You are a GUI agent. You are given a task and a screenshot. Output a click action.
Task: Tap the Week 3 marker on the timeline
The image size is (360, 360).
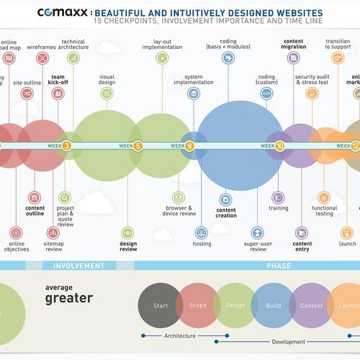point(66,145)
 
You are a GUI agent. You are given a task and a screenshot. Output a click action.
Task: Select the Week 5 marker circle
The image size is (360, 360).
point(138,145)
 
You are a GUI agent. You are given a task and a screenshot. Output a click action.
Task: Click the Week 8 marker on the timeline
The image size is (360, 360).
point(189,145)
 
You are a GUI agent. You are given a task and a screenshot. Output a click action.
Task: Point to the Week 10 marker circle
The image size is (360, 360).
point(279,145)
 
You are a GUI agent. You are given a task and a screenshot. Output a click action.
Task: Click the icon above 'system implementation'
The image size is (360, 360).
point(193,94)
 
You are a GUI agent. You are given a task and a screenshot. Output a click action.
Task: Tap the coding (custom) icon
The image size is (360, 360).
point(266,93)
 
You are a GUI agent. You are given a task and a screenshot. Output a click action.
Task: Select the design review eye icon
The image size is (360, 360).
point(128,232)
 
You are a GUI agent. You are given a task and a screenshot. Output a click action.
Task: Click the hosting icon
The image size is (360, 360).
point(202,232)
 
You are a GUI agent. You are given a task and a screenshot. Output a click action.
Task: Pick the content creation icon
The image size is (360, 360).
point(225,197)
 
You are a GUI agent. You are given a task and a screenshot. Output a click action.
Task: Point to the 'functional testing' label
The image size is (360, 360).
point(325,210)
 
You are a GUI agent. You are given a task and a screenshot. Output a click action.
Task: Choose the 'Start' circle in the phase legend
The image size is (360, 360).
point(160,305)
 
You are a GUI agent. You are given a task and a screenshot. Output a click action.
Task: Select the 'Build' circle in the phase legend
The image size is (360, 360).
point(273,305)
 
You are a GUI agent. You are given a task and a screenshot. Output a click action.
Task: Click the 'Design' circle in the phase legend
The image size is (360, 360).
point(235,305)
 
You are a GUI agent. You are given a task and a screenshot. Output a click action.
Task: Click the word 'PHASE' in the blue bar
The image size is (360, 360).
point(279,266)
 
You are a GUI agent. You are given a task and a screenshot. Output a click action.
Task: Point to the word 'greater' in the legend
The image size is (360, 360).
point(69,298)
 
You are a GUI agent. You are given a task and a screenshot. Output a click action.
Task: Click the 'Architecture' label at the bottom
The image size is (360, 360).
point(180,336)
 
